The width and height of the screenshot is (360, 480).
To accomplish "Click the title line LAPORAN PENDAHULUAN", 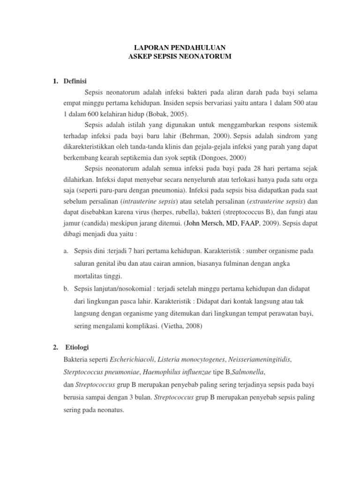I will click(180, 47).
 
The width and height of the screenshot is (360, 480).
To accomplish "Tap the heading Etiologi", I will click(76, 347).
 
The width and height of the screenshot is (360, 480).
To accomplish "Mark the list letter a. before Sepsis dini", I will click(66, 252).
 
